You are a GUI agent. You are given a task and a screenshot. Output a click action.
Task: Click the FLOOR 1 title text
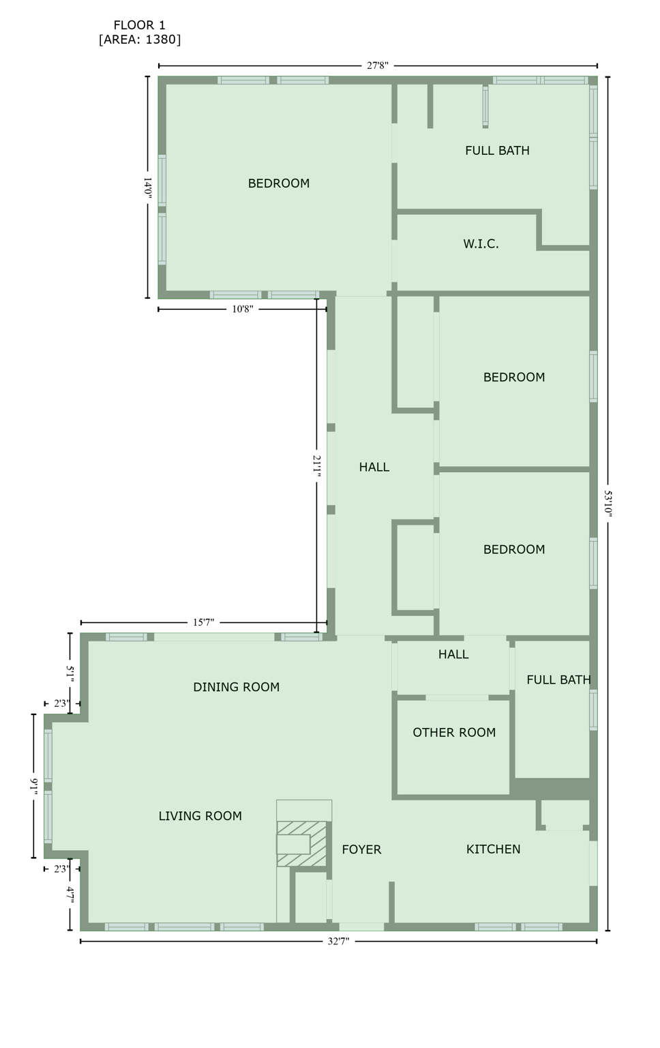pyautogui.click(x=139, y=25)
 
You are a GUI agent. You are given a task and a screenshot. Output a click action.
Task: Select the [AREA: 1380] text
pyautogui.click(x=140, y=40)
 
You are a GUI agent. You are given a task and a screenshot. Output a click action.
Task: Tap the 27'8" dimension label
pyautogui.click(x=377, y=65)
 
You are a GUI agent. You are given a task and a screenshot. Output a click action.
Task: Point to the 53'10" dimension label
pyautogui.click(x=607, y=503)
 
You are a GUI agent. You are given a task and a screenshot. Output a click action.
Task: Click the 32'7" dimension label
pyautogui.click(x=338, y=942)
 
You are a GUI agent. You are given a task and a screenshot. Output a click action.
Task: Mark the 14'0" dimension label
pyautogui.click(x=147, y=188)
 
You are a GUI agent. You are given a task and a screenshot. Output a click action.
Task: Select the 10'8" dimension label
pyautogui.click(x=242, y=309)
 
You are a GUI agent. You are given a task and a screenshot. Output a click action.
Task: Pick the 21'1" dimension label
pyautogui.click(x=316, y=465)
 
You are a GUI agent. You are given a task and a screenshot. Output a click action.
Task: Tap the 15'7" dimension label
pyautogui.click(x=203, y=622)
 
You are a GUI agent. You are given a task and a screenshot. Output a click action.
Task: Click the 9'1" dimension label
pyautogui.click(x=33, y=785)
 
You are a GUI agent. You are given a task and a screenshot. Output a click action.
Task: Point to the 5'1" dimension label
pyautogui.click(x=70, y=672)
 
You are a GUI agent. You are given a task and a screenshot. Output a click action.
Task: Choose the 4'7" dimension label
pyautogui.click(x=70, y=894)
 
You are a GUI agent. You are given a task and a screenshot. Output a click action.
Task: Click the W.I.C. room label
pyautogui.click(x=481, y=244)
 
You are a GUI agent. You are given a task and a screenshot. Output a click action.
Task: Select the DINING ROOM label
pyautogui.click(x=236, y=687)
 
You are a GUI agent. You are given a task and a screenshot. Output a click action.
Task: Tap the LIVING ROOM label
pyautogui.click(x=200, y=816)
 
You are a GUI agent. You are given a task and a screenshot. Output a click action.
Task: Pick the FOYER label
pyautogui.click(x=361, y=849)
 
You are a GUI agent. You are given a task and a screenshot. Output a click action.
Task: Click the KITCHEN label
pyautogui.click(x=493, y=849)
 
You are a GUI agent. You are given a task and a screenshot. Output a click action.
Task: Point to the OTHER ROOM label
pyautogui.click(x=454, y=733)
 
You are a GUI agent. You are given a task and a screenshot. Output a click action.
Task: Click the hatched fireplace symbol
pyautogui.click(x=301, y=844)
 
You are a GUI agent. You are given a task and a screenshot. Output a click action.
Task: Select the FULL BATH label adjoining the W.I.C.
pyautogui.click(x=497, y=151)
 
